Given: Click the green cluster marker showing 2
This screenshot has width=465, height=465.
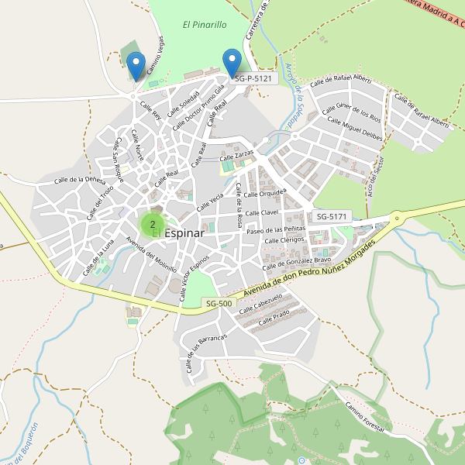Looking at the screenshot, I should (x=152, y=225).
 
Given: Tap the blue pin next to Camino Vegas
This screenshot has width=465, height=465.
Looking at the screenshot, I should (x=136, y=65).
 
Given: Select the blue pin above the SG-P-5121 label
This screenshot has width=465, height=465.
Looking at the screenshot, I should (x=232, y=62).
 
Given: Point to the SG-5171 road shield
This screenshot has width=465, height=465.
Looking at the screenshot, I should (x=333, y=215).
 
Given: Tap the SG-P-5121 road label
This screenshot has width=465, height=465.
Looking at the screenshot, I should (x=252, y=78).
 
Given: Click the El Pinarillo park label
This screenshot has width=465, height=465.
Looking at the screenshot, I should (x=205, y=25).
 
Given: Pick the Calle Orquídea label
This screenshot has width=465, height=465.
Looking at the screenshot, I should (x=268, y=192).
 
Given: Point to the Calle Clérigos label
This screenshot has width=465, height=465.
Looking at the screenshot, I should (x=284, y=240).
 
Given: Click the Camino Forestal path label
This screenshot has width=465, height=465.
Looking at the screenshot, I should (x=365, y=418).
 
